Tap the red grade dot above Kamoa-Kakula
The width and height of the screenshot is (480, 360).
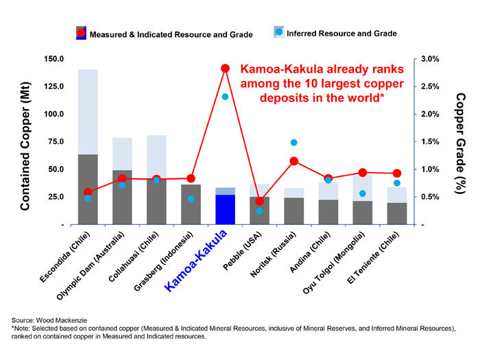[225, 69]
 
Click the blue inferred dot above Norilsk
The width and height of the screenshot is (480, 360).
[293, 143]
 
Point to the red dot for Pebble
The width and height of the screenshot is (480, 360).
[259, 201]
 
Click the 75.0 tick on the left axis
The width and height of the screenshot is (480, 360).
[55, 142]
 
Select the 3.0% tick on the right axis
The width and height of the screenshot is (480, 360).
[431, 59]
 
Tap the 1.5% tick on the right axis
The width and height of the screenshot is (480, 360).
[431, 142]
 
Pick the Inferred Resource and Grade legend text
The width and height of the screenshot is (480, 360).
[341, 33]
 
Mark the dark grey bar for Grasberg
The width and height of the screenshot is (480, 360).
[191, 204]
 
